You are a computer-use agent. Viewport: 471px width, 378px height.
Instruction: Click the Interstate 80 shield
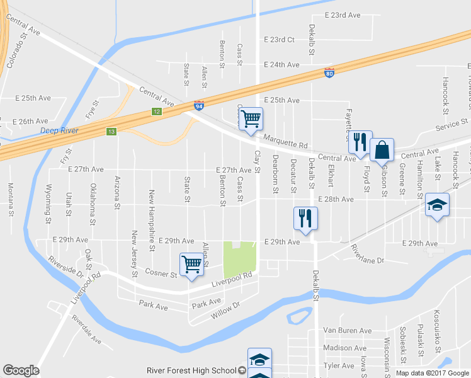tap(329, 73)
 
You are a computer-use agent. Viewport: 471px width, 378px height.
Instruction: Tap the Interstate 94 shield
tap(198, 105)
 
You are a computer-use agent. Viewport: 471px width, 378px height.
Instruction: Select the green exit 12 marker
tap(156, 112)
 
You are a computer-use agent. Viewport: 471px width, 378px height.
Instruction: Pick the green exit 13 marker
tap(111, 131)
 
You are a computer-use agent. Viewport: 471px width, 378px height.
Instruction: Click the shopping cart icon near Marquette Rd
tap(251, 118)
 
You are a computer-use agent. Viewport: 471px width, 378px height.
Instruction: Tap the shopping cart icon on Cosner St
tap(191, 265)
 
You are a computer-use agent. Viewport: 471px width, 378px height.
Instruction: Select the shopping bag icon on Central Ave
tap(382, 151)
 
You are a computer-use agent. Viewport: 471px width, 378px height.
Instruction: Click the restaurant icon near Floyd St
tap(360, 143)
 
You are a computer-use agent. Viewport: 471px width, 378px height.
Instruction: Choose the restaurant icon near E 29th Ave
tap(305, 219)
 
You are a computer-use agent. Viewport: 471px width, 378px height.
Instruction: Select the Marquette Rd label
tap(285, 144)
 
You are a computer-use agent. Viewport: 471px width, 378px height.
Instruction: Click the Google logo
tap(21, 370)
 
